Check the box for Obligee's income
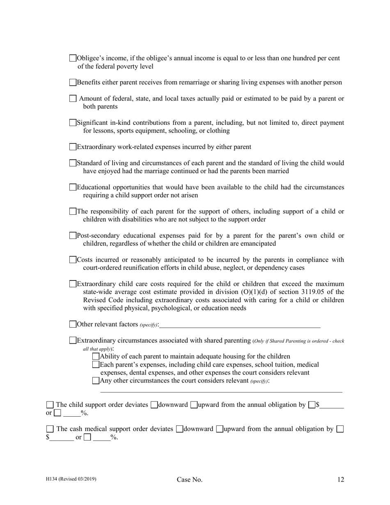(x=73, y=58)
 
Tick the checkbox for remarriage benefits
(x=73, y=83)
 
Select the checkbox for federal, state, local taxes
(x=73, y=99)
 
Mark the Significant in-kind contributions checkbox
(x=73, y=123)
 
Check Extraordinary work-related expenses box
(x=73, y=147)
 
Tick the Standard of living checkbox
(x=73, y=163)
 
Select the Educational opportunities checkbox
(x=73, y=187)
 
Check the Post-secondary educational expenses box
(x=73, y=236)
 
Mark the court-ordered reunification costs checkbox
(x=73, y=260)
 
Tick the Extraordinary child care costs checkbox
(x=73, y=284)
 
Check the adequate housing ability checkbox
(x=96, y=356)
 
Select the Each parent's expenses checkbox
(x=96, y=365)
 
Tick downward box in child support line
(x=154, y=405)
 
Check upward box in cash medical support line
(x=220, y=429)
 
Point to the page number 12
(x=341, y=480)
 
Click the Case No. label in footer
(x=190, y=480)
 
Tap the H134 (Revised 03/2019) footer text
(x=71, y=479)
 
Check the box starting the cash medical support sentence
(x=50, y=429)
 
